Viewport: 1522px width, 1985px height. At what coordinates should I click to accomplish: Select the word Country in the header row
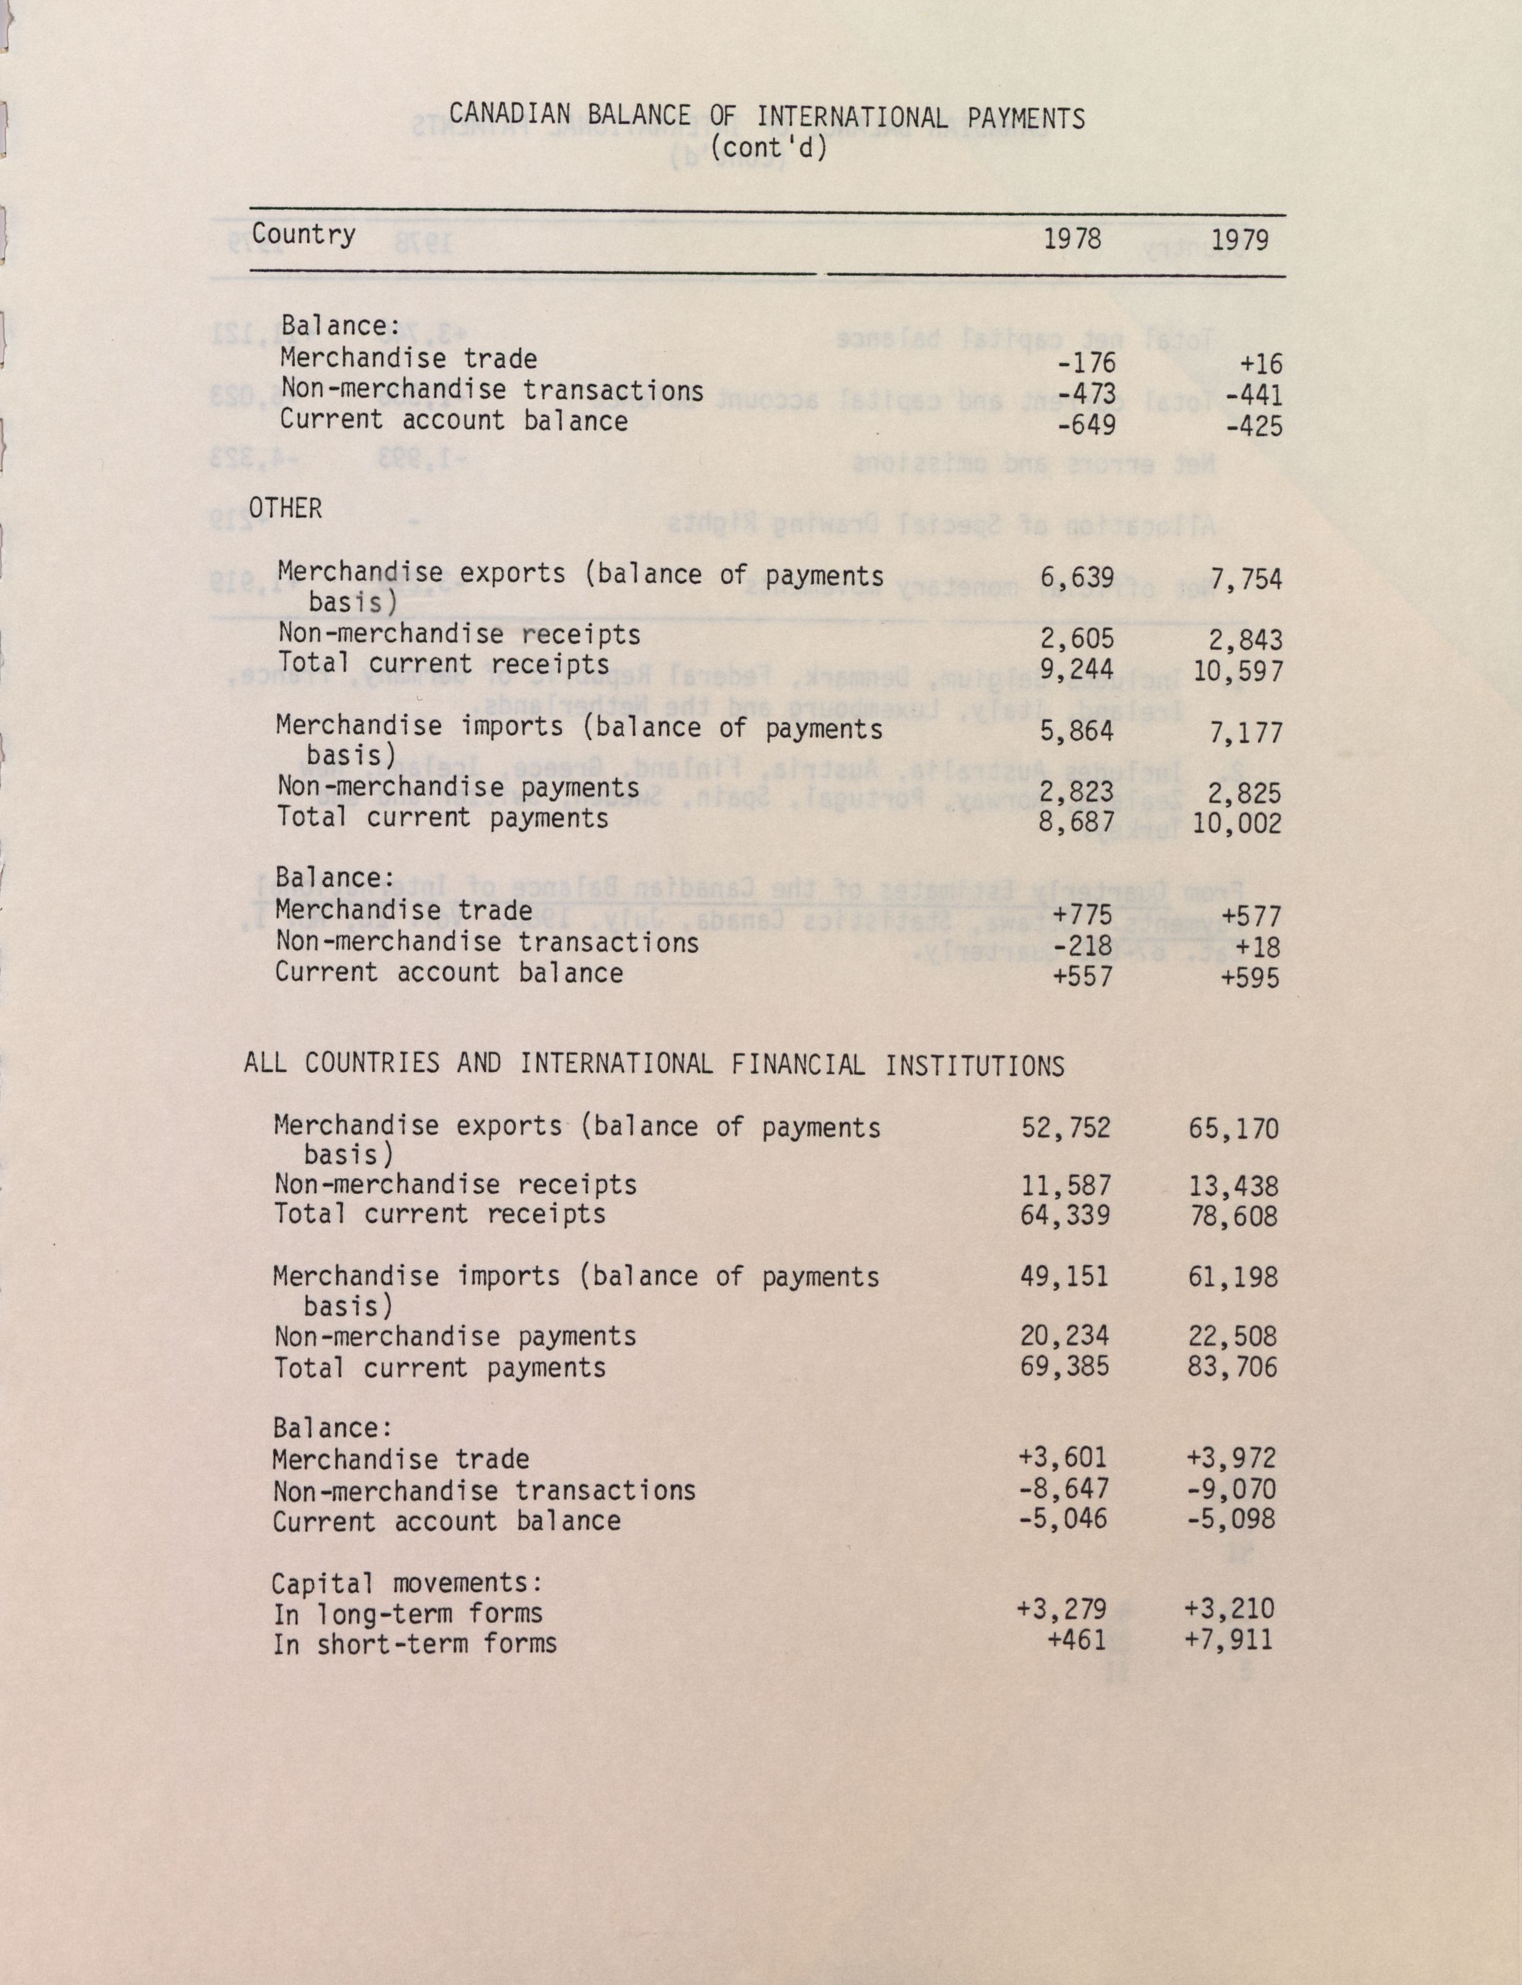[x=303, y=235]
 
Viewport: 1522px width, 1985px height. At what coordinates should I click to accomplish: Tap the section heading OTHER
[x=286, y=509]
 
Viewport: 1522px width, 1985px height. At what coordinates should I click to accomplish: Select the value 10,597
[x=1238, y=671]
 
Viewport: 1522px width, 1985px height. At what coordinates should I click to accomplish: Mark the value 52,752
[x=1066, y=1128]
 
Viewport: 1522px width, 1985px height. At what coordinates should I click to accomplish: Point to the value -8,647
[x=1064, y=1489]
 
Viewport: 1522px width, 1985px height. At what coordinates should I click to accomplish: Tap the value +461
[x=1077, y=1638]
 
